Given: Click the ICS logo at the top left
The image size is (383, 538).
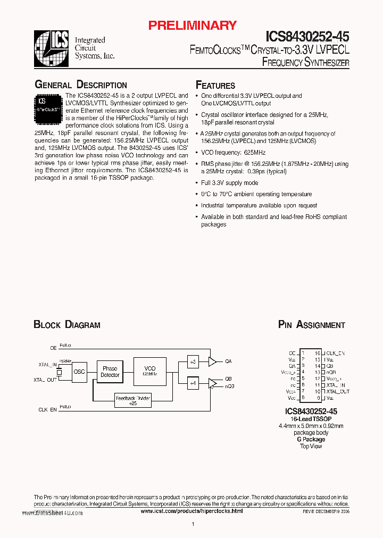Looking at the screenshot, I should point(52,48).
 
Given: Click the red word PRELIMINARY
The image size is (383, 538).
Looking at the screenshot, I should point(192,26).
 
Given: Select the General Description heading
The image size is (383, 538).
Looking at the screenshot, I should point(80,85).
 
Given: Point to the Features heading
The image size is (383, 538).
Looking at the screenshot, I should point(215,86).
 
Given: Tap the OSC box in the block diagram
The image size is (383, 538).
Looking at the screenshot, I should point(79,372).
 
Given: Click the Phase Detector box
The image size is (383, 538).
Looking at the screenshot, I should point(110,372).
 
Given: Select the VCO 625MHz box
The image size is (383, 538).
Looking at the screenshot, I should point(150,371).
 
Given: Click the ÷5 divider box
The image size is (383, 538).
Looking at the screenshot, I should point(193,362).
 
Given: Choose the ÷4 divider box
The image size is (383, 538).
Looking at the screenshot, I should point(193,383).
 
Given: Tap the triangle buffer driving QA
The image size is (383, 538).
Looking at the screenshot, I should point(212,362).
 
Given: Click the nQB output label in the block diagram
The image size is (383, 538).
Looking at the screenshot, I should point(229,386).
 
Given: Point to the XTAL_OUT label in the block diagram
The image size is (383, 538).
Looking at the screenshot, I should point(45,380).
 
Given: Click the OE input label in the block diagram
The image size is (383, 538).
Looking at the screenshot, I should point(53,348).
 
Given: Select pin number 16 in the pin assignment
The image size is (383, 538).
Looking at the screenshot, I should point(318,352).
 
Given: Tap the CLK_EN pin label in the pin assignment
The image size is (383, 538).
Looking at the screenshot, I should point(335,352).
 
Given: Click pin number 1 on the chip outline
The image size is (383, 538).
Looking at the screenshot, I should point(303,352).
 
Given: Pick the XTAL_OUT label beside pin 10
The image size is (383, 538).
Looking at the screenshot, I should point(338,391).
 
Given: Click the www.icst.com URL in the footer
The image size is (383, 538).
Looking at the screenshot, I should point(191,510).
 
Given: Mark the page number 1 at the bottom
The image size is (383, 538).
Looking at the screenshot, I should point(192,525).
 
